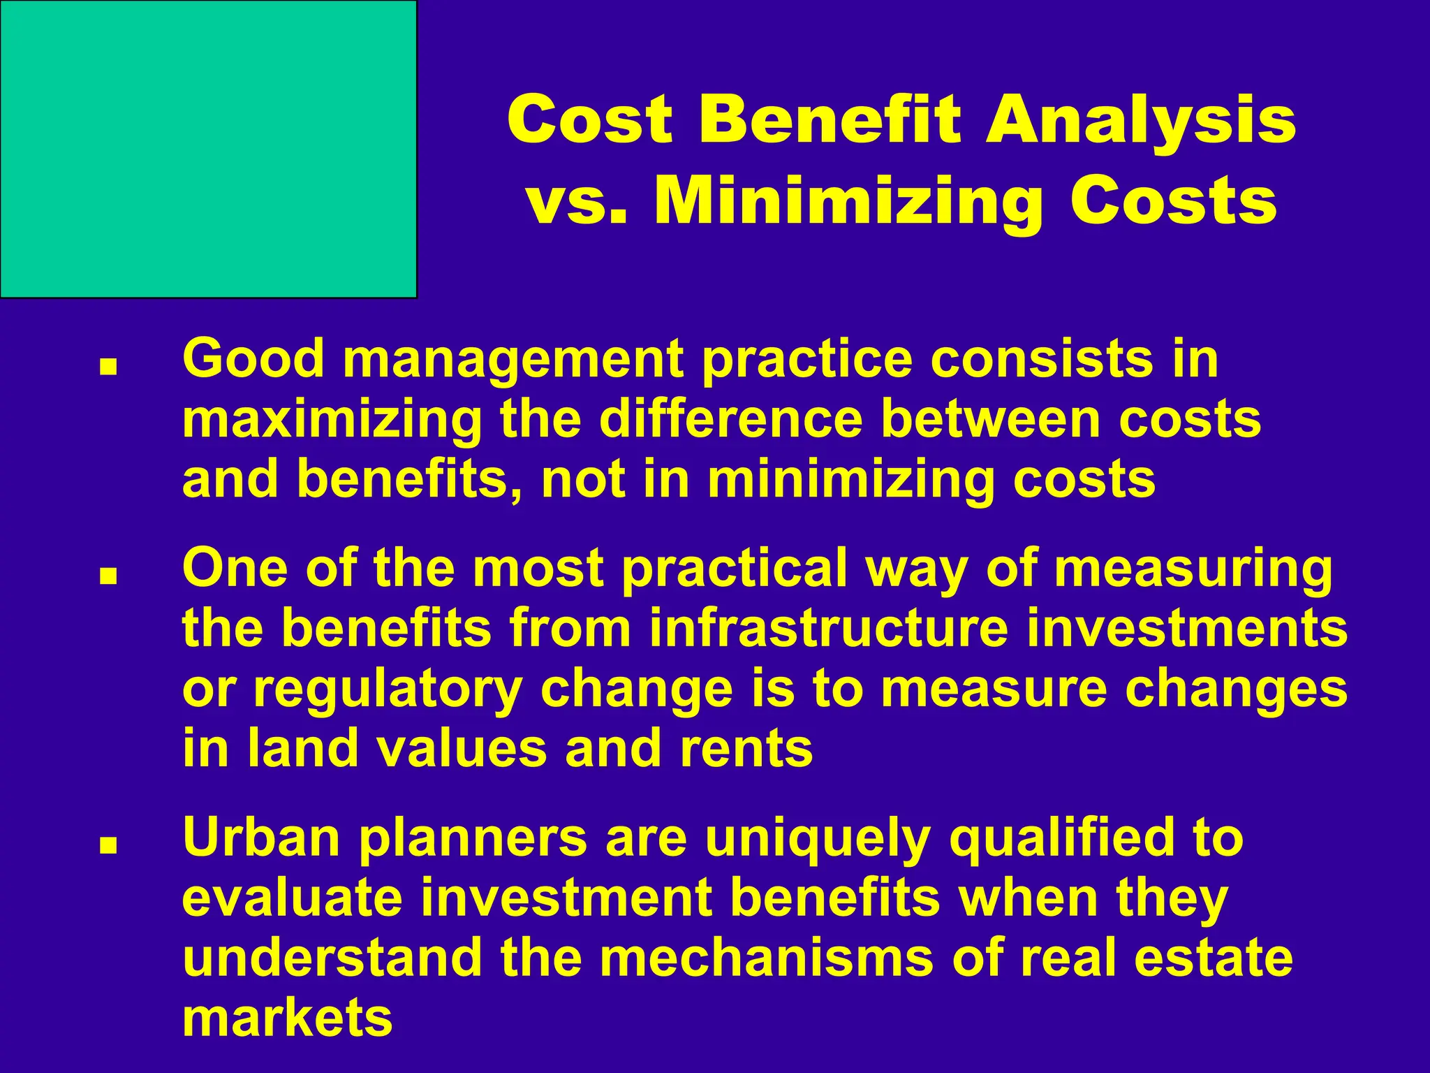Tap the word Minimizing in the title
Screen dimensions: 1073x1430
pos(846,203)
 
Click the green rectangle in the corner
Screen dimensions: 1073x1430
pos(208,149)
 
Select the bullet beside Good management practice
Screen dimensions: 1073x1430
pos(108,367)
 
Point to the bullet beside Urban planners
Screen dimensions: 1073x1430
pos(108,847)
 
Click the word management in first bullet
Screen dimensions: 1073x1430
pos(512,360)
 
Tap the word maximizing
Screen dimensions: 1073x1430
pos(332,420)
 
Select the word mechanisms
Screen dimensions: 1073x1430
pos(766,958)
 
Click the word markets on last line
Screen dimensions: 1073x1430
pos(287,1018)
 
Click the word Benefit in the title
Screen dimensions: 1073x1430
pos(829,120)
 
